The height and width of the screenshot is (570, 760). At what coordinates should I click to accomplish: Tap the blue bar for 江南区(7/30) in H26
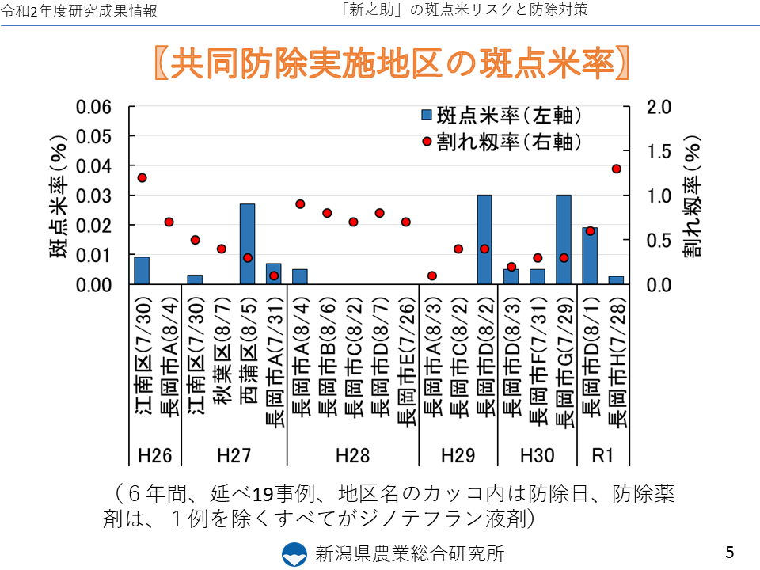click(142, 270)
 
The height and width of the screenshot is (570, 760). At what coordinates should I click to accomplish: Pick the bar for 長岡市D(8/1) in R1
click(590, 256)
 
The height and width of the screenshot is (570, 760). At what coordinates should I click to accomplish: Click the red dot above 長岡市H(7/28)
click(617, 169)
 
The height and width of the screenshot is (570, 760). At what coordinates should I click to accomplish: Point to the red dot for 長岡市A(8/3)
click(432, 275)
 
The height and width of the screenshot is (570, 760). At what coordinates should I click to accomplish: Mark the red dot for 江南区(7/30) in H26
click(142, 177)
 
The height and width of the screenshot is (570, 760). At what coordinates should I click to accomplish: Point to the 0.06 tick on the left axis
click(94, 107)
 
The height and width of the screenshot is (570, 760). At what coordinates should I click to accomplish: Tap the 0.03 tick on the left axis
click(94, 196)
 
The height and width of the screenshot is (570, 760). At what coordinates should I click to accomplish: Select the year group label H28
click(352, 455)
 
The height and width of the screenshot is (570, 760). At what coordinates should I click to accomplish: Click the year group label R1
click(603, 455)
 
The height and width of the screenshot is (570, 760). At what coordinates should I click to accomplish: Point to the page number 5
click(729, 551)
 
